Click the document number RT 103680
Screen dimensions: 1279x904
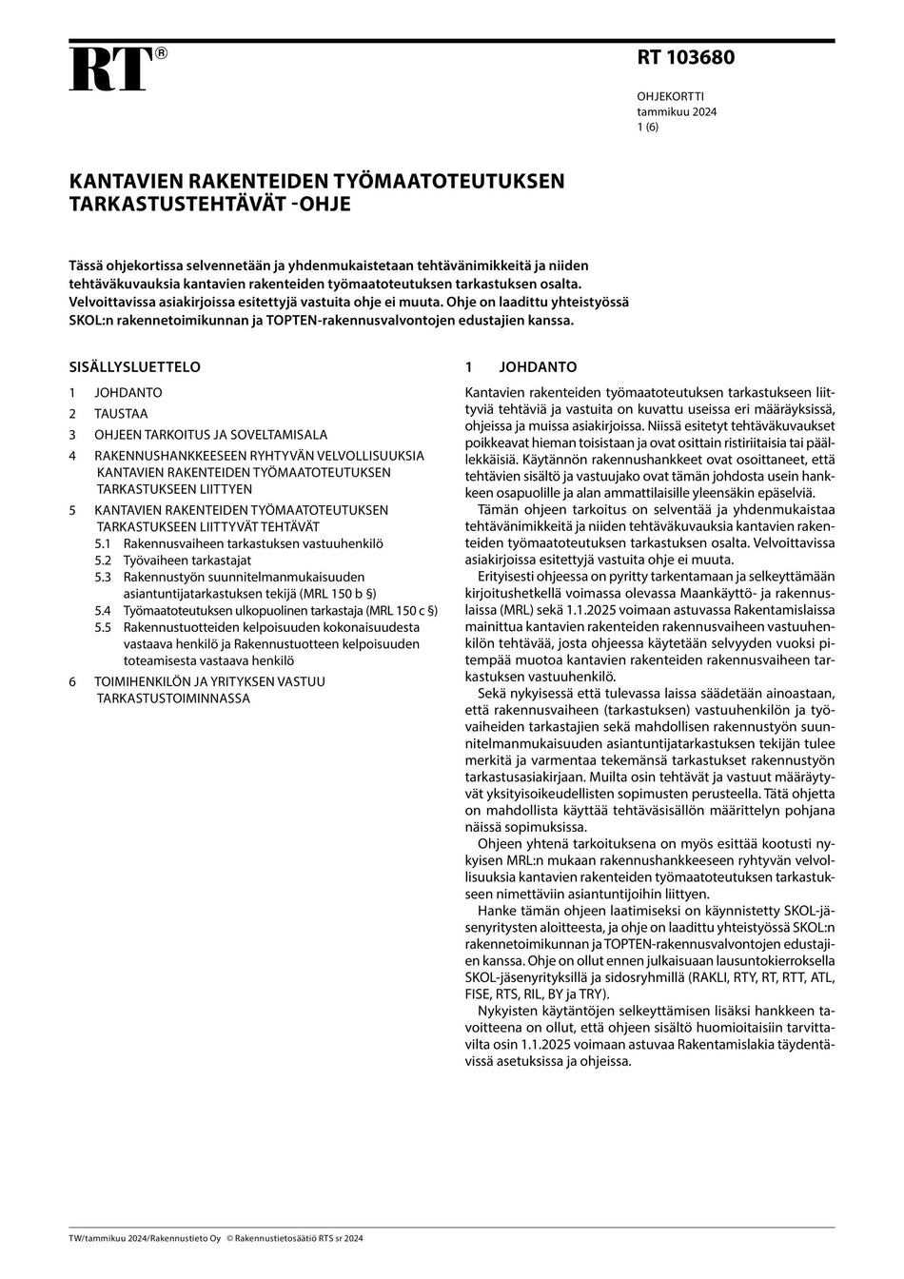[x=685, y=58]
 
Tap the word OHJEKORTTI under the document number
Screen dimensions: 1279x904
[x=670, y=96]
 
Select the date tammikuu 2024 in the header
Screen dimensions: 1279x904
[x=677, y=111]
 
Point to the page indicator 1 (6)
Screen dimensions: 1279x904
[x=647, y=127]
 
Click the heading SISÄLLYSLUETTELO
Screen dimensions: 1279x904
[x=134, y=367]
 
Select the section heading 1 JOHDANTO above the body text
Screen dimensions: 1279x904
[x=521, y=367]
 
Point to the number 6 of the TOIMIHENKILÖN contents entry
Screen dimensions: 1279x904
[x=72, y=681]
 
